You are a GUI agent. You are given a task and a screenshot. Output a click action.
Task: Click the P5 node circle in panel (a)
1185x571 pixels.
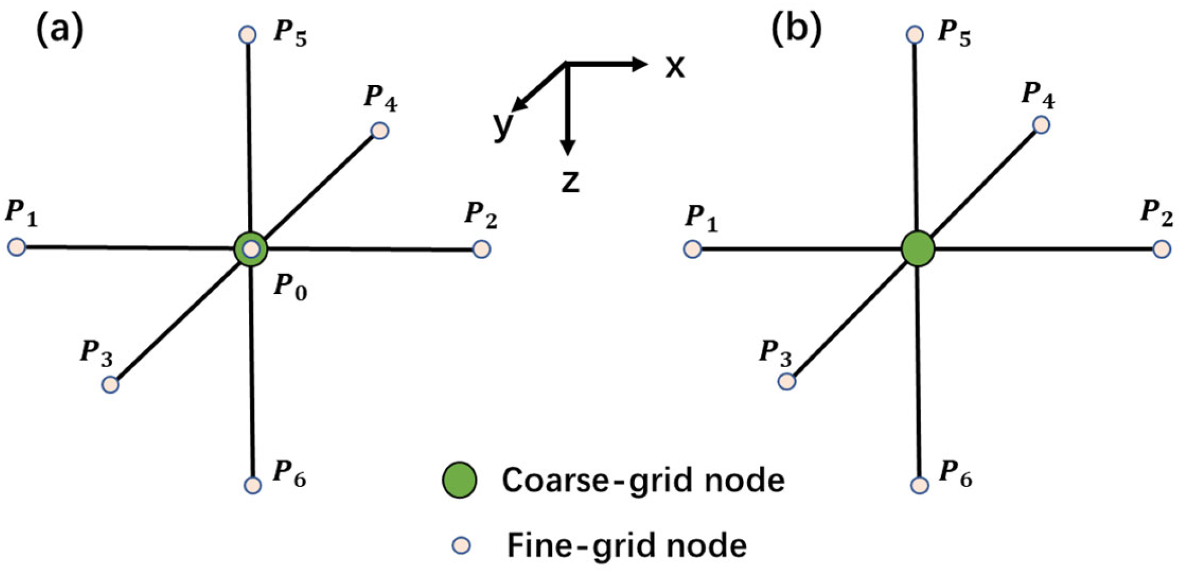[x=248, y=35]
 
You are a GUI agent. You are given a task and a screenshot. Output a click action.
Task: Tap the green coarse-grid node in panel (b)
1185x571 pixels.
[x=917, y=248]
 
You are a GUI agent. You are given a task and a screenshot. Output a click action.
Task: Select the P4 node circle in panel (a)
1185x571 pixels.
[x=380, y=131]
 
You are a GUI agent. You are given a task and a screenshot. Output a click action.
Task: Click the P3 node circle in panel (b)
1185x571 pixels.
[x=787, y=382]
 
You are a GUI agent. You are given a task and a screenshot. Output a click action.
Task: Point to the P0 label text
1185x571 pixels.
[x=291, y=287]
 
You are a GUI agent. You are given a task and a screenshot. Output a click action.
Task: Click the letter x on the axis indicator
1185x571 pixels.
[x=675, y=66]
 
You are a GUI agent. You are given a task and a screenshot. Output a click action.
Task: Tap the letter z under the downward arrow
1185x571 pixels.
[x=570, y=182]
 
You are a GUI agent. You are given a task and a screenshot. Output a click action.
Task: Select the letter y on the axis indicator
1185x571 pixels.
[x=503, y=124]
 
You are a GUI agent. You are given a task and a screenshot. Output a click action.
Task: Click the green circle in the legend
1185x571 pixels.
[x=460, y=480]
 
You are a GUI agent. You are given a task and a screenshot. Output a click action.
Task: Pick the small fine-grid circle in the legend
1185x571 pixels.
[x=462, y=545]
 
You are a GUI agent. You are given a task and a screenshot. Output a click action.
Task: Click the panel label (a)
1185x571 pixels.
[x=60, y=29]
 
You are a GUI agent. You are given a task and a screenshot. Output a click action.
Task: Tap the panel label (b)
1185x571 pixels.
[x=796, y=29]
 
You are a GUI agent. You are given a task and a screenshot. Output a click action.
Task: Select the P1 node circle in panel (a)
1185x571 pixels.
[x=17, y=247]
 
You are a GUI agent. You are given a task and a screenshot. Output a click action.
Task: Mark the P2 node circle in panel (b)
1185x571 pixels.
[x=1162, y=249]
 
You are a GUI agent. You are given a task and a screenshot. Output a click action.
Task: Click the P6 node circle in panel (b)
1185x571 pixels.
[x=919, y=485]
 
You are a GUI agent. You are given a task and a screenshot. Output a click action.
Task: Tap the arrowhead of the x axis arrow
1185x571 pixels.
[x=640, y=64]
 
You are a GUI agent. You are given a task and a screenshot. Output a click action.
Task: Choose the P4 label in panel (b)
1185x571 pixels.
[x=1038, y=94]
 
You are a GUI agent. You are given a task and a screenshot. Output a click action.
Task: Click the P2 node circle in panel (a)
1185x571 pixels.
[x=481, y=249]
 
